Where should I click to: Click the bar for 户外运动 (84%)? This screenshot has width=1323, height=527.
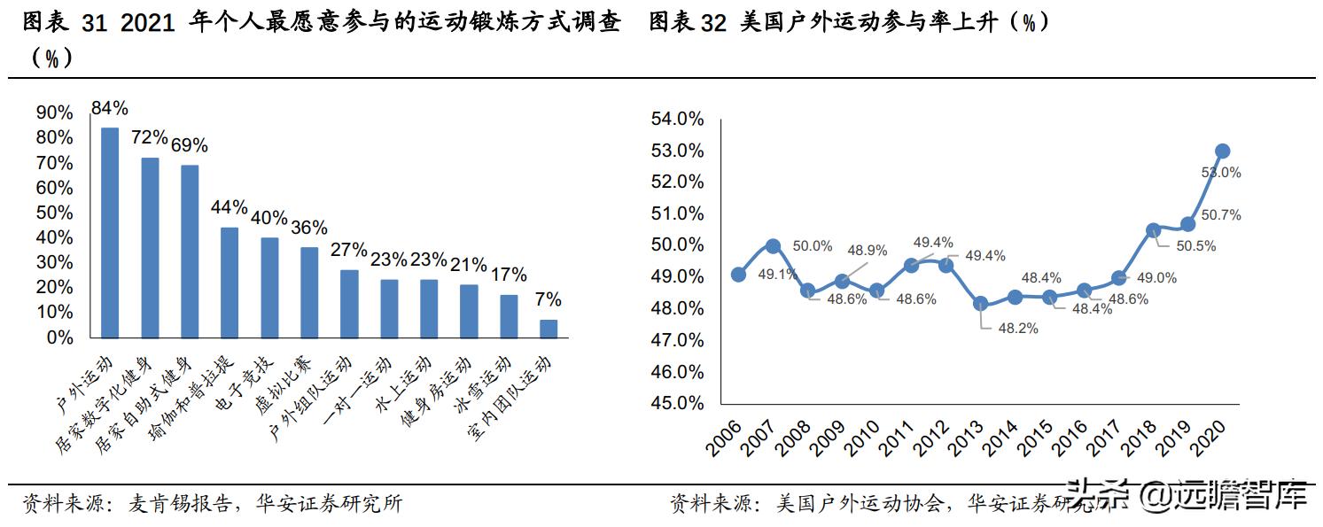(110, 232)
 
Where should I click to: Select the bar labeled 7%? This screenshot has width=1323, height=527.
(549, 329)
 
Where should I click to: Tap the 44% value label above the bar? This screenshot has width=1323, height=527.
(229, 207)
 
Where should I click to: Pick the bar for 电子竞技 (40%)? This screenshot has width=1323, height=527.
(269, 287)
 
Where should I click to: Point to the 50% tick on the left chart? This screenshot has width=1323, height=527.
(54, 213)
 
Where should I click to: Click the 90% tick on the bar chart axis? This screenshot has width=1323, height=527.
(54, 112)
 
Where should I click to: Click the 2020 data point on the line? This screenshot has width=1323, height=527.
(1222, 151)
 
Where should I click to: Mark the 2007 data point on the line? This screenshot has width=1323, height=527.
(773, 245)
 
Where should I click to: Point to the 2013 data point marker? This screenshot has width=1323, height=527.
(980, 303)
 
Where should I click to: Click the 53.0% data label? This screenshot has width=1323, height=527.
(1221, 173)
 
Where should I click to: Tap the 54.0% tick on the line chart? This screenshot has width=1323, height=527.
(678, 119)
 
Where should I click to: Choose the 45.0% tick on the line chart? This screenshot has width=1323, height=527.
(678, 403)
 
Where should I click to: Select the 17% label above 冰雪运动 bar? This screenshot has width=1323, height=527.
(508, 275)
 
